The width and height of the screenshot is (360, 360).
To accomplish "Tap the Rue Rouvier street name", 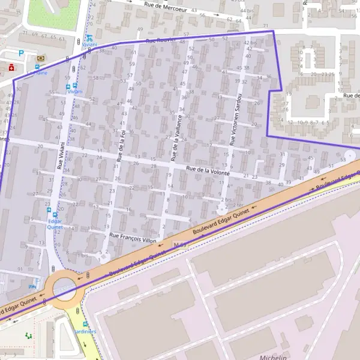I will click(x=160, y=41).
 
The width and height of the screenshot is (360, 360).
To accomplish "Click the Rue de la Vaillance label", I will click(x=175, y=138).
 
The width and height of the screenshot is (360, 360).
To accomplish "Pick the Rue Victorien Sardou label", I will click(x=235, y=119).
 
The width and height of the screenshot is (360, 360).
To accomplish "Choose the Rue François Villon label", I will click(x=133, y=238).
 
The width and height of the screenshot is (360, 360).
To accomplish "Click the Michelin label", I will click(x=273, y=357).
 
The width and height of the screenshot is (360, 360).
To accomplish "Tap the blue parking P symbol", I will click(x=22, y=53).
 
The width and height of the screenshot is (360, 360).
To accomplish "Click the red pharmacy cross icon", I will click(x=12, y=68).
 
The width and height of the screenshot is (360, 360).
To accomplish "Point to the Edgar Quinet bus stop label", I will click(x=55, y=224).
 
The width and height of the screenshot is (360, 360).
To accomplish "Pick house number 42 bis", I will click(x=251, y=43).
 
